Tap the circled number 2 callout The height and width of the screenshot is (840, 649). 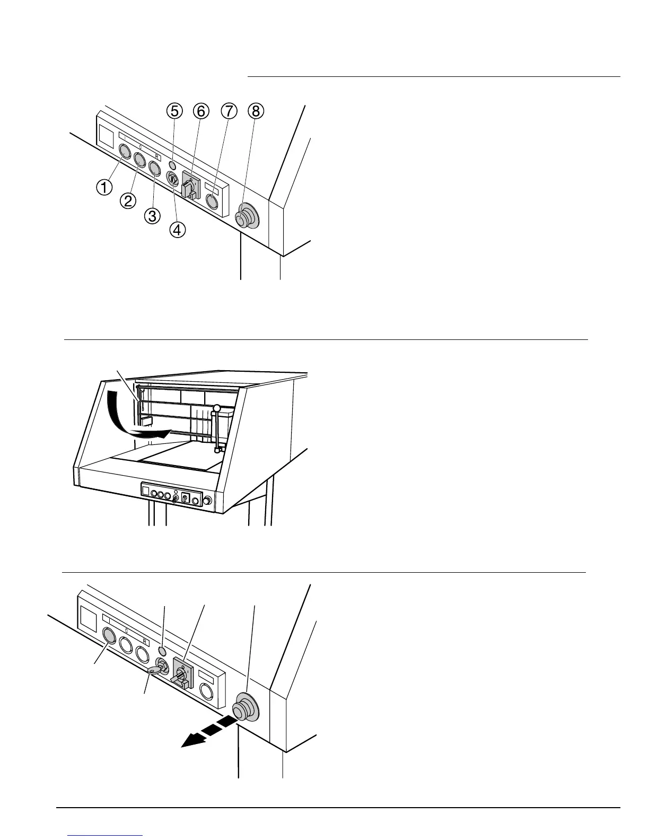point(128,200)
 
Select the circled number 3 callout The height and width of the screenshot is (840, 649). point(152,216)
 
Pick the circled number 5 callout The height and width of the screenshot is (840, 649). point(173,111)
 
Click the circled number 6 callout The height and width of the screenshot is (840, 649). point(200,111)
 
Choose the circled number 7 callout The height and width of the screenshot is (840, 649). point(228,111)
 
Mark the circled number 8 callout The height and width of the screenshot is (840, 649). point(256,111)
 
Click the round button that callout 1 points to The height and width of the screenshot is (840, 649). point(125,152)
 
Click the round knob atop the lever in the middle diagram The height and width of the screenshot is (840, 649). point(216,409)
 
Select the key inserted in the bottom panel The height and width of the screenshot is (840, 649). point(156,670)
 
